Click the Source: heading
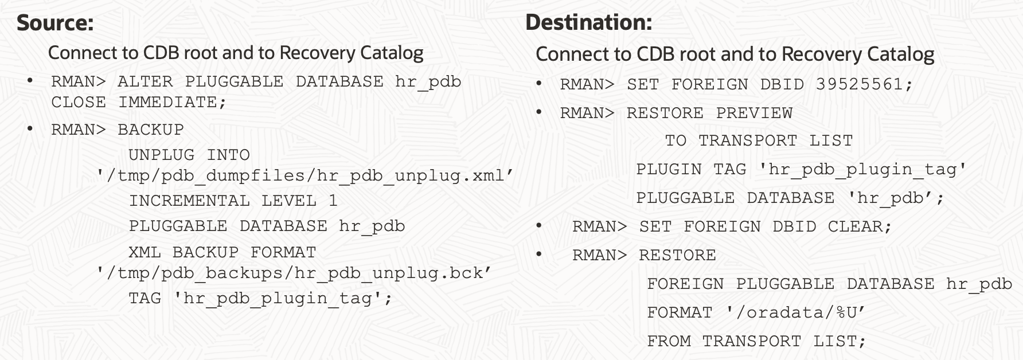click(55, 22)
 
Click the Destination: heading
click(588, 22)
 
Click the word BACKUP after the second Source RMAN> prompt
click(150, 130)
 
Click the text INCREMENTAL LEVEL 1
click(233, 201)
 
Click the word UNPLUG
click(161, 155)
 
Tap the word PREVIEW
click(754, 113)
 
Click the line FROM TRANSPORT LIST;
click(756, 341)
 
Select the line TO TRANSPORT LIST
click(759, 140)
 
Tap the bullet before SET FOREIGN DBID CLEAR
click(539, 226)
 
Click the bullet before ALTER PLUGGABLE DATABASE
click(30, 80)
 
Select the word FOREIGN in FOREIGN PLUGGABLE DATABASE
click(685, 284)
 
